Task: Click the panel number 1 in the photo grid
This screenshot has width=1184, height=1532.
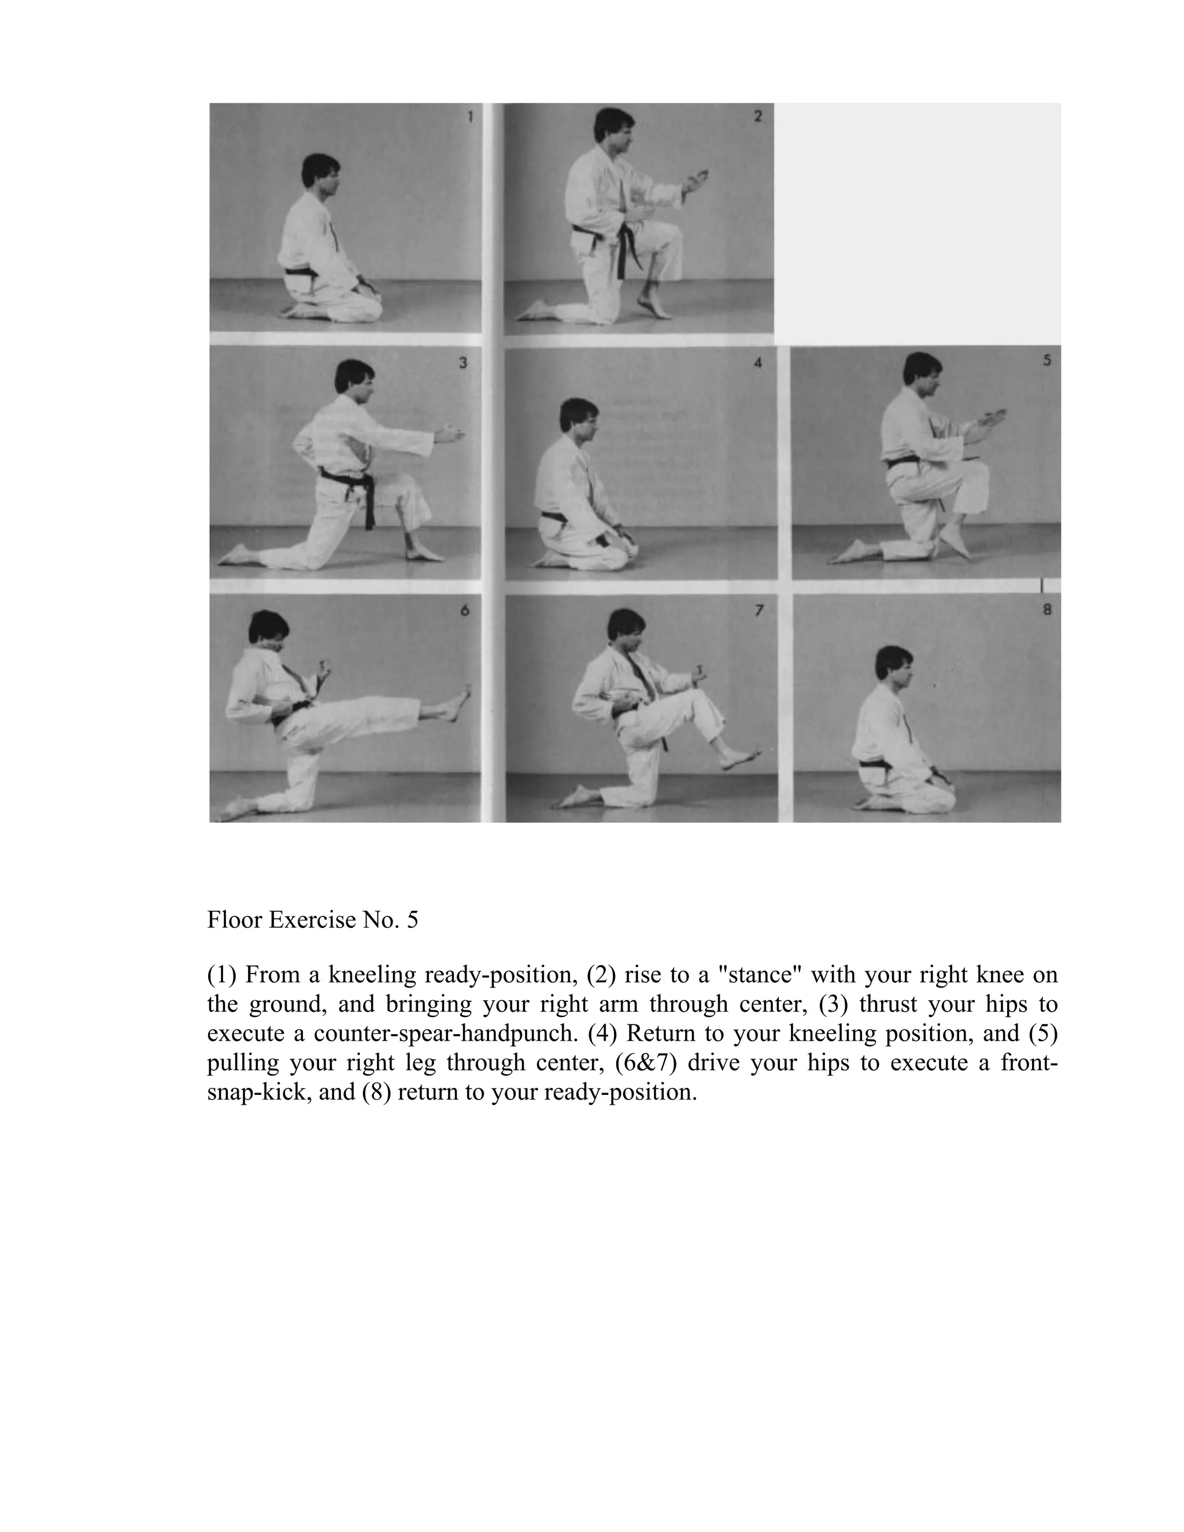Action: point(470,116)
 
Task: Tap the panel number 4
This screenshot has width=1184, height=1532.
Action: point(757,364)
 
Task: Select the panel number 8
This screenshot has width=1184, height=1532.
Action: point(1047,609)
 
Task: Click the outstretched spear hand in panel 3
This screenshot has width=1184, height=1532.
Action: point(449,434)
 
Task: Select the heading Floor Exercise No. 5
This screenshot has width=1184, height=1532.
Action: point(312,920)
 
